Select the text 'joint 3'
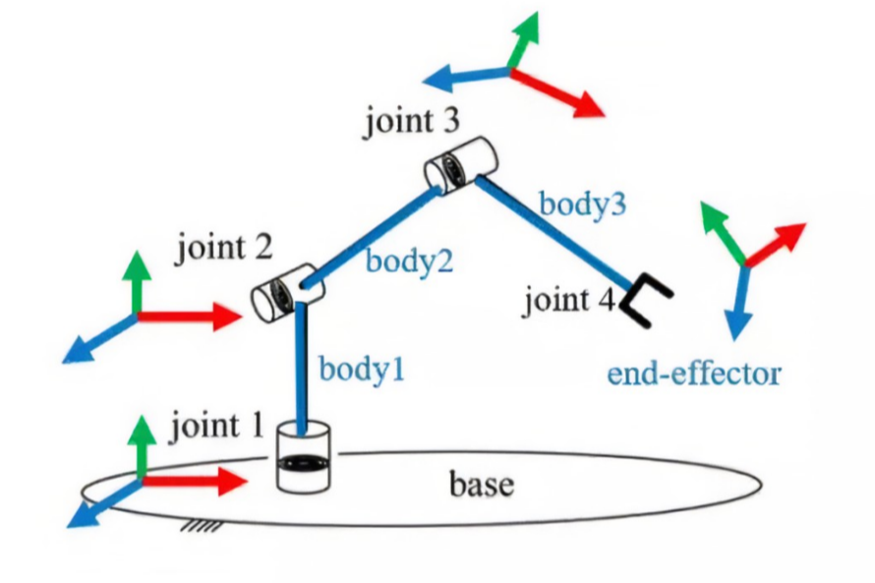coord(411,124)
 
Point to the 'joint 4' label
coord(568,299)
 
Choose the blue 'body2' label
coord(408,262)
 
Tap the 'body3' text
coord(581,205)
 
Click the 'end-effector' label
coord(693,374)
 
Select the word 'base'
coord(482,484)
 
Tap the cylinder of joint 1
coord(306,458)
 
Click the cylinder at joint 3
coord(460,163)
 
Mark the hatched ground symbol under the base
coord(202,530)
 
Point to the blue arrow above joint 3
coord(462,77)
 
